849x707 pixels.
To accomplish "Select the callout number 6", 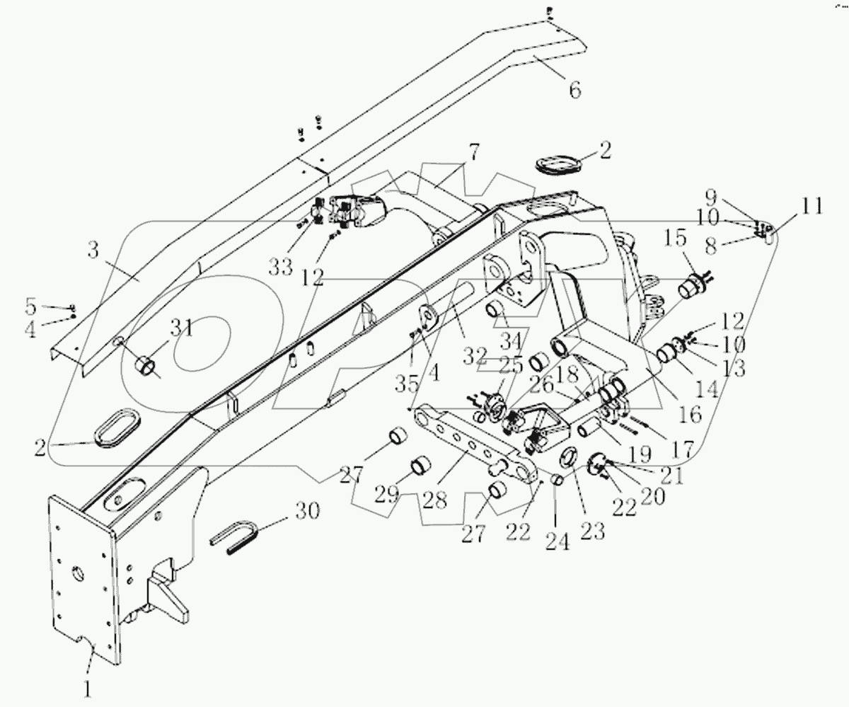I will (574, 90).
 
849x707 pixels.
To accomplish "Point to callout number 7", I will (472, 151).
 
